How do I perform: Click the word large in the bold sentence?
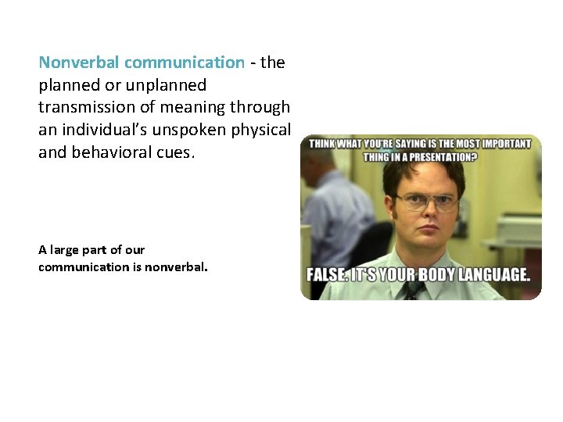[65, 250]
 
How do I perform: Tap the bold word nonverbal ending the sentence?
[177, 267]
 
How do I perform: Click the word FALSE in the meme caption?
[328, 276]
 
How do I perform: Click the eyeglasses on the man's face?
[425, 203]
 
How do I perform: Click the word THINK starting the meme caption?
[323, 144]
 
